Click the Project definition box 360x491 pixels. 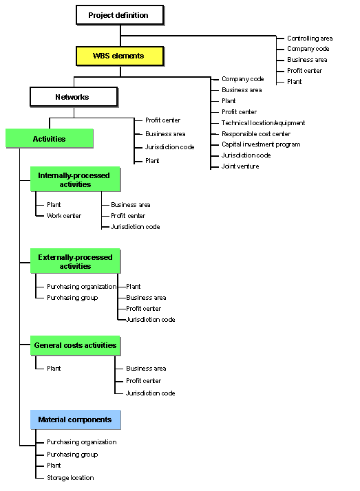120,15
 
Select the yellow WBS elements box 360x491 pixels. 120,56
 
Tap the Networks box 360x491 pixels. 74,97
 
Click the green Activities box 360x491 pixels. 50,138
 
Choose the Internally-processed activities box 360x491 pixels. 75,179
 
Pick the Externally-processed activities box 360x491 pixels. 75,261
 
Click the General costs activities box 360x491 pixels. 75,345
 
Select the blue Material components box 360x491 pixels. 75,419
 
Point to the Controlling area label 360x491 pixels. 310,39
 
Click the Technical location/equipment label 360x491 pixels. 263,122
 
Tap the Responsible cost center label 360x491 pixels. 256,133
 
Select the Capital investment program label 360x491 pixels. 261,144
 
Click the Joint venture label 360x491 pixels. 240,166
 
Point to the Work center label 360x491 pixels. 64,216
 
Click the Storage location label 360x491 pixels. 70,477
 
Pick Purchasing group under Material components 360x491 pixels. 72,455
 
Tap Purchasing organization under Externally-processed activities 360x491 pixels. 81,287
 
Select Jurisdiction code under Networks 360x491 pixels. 169,147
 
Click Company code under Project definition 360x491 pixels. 308,49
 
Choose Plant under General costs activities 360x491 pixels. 54,369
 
